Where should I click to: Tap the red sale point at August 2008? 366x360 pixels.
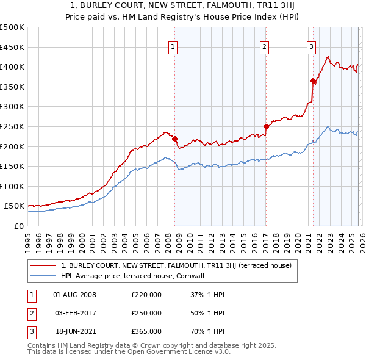174,138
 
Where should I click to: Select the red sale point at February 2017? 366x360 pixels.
266,126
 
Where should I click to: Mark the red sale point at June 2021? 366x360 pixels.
313,81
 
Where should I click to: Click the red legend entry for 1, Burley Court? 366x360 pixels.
176,265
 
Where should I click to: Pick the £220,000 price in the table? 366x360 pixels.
146,295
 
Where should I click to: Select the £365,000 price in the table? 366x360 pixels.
146,331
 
